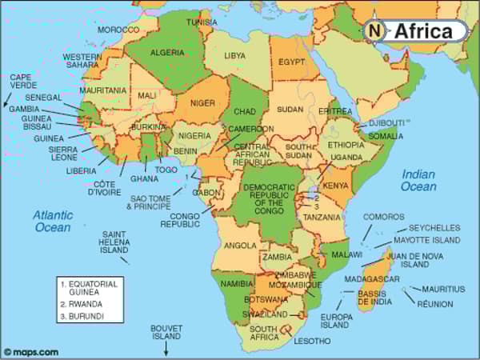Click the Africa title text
[x=428, y=31]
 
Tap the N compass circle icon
[x=374, y=30]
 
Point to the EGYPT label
[x=292, y=61]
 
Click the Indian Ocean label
[x=418, y=180]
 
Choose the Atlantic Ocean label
[x=53, y=221]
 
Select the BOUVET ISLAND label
[x=167, y=332]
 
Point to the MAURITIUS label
[x=443, y=288]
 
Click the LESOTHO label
[x=311, y=341]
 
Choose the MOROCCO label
[x=118, y=30]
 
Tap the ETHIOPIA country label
[x=346, y=145]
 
